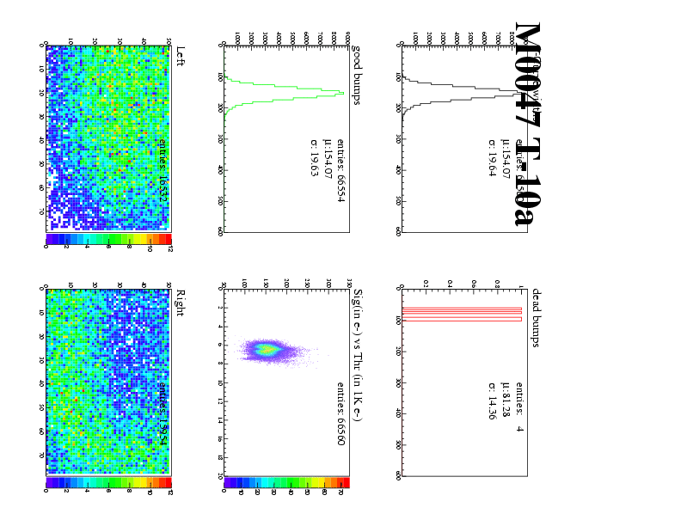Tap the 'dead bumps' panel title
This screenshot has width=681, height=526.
click(535, 316)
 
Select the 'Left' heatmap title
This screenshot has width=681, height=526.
click(179, 58)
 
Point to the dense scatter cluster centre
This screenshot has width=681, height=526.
click(268, 350)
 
